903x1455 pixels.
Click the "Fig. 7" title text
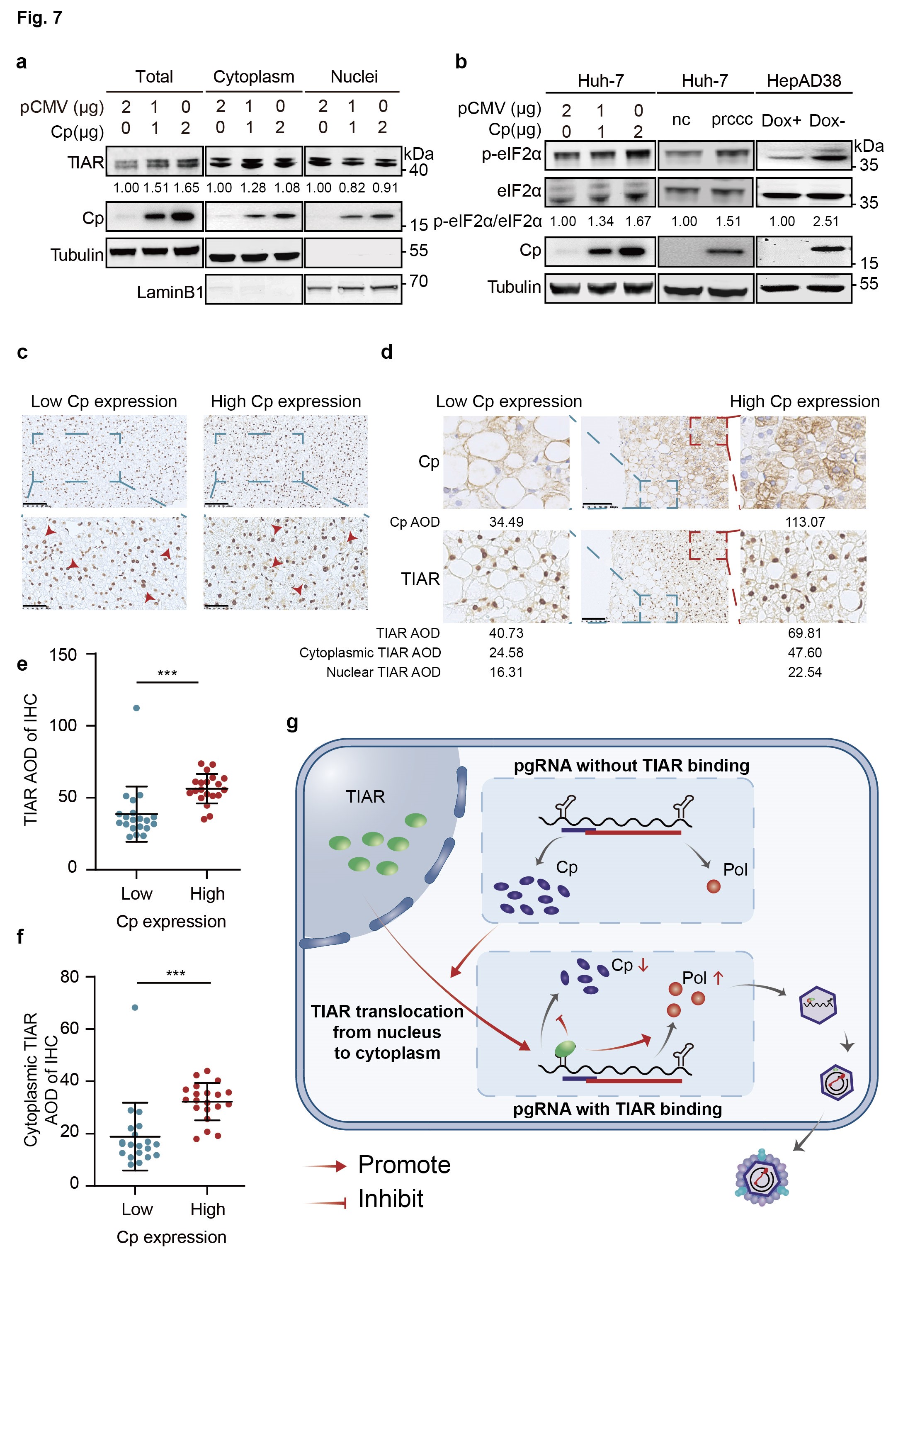(x=39, y=18)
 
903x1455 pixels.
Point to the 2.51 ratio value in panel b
(x=825, y=221)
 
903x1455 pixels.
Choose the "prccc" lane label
(x=732, y=119)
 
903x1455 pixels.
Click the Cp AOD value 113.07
(x=804, y=522)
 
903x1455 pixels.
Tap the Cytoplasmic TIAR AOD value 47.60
(x=804, y=652)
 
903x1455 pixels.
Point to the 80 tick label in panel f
(x=70, y=977)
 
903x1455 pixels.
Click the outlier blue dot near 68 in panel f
(x=135, y=1007)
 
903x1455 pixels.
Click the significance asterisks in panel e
(x=167, y=673)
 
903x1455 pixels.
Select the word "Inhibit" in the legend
(x=391, y=1199)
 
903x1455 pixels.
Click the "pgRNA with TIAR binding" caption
(x=617, y=1109)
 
